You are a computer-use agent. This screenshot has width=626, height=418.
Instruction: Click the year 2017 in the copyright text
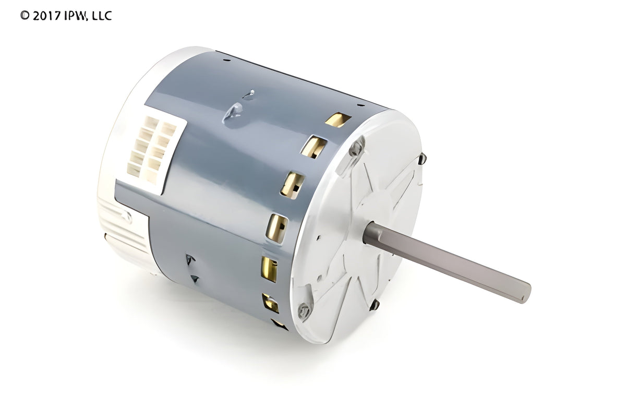pyautogui.click(x=46, y=16)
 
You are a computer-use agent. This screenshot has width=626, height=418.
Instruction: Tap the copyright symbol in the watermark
pyautogui.click(x=25, y=15)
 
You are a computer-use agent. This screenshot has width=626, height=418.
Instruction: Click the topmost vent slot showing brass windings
pyautogui.click(x=338, y=120)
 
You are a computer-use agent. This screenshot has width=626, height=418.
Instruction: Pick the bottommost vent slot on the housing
pyautogui.click(x=279, y=325)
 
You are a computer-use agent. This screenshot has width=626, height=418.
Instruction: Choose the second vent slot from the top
pyautogui.click(x=314, y=147)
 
